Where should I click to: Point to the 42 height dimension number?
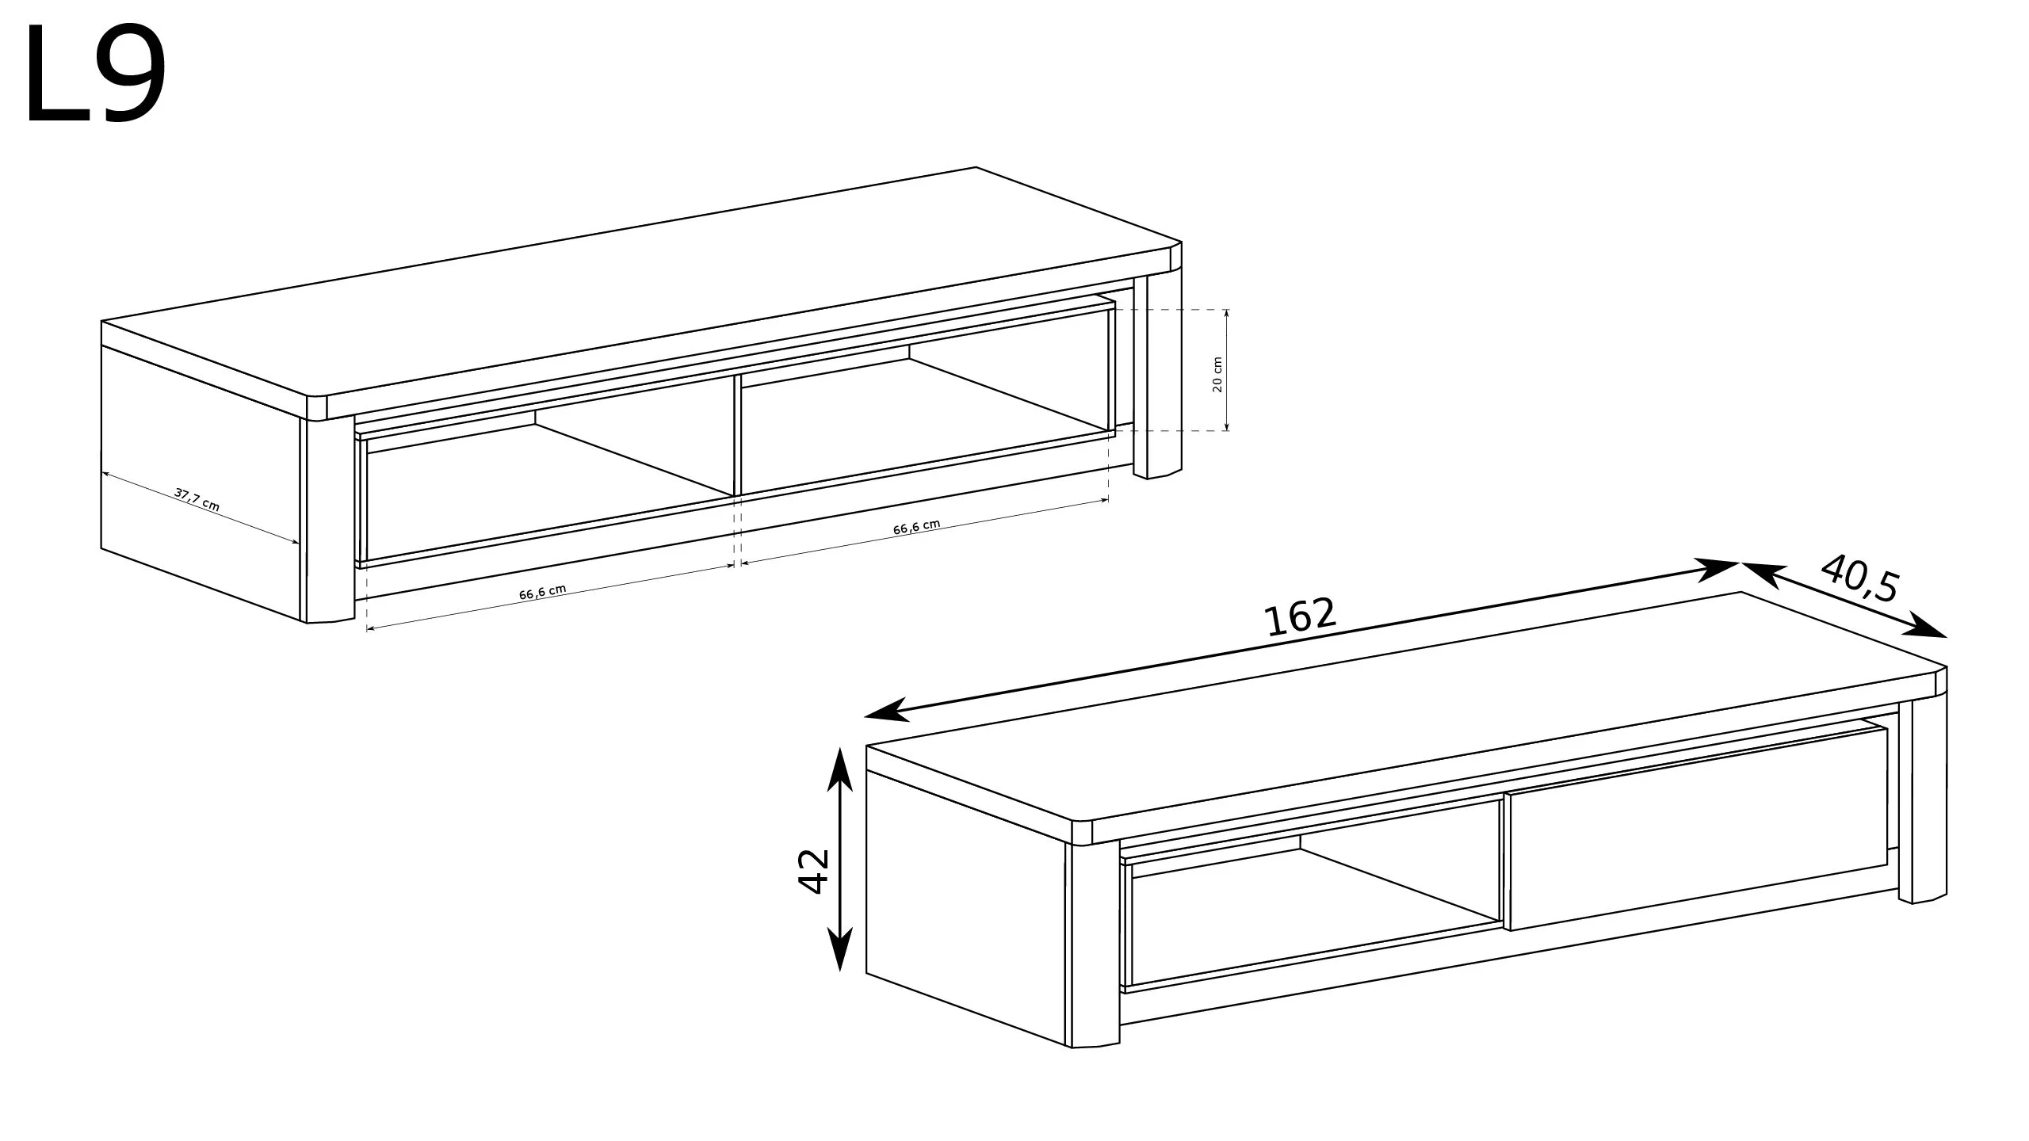click(813, 872)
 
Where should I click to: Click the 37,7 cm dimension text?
click(197, 500)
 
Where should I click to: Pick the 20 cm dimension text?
click(1218, 374)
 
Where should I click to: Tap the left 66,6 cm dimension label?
click(543, 592)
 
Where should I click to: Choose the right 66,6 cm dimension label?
click(917, 527)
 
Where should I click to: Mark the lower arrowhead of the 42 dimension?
click(839, 948)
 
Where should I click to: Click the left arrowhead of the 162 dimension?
click(885, 711)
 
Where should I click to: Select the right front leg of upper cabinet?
click(1156, 377)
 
